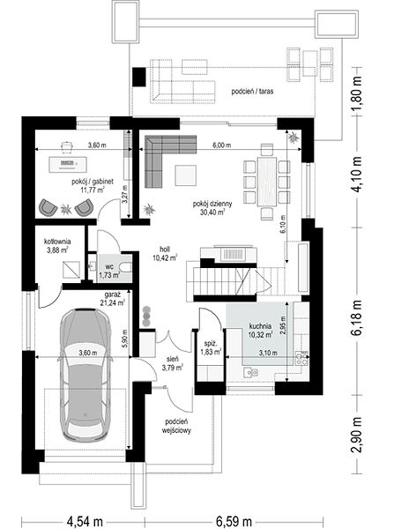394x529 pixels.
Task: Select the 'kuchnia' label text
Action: point(260,326)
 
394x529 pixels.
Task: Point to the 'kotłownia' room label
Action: point(57,242)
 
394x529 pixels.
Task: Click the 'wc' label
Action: point(109,267)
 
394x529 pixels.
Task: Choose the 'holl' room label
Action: point(165,250)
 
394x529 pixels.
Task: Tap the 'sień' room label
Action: point(173,359)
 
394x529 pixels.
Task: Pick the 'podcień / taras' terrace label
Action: point(252,91)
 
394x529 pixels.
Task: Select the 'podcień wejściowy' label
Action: point(176,426)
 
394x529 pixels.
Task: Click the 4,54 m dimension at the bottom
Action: point(85,521)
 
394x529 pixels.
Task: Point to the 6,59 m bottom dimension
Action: point(234,521)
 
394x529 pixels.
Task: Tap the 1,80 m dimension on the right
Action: point(357,92)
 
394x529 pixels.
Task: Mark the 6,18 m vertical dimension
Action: point(357,317)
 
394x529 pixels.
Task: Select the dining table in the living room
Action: point(267,181)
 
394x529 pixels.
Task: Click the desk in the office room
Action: point(69,164)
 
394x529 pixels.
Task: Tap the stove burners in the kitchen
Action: point(302,359)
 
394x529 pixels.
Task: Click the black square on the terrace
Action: point(139,78)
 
